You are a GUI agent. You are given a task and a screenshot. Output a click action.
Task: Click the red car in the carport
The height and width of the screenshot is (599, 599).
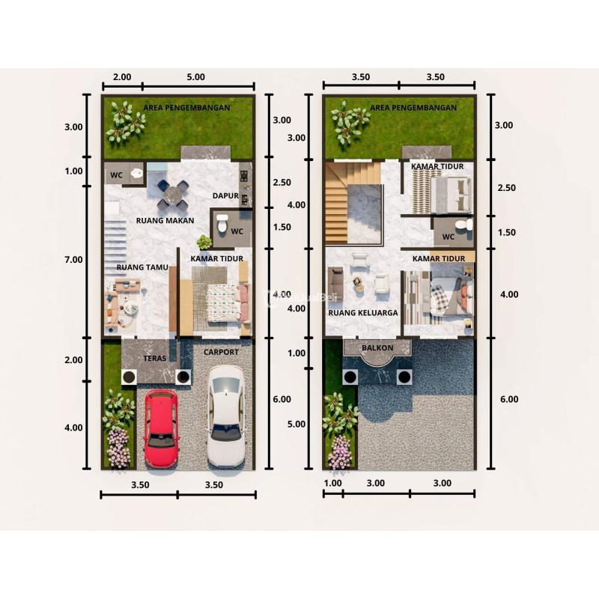[x=161, y=428]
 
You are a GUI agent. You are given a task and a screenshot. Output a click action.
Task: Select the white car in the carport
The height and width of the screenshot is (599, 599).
[x=225, y=415]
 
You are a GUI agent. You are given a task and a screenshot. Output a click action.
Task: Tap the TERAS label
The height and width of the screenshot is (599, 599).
[x=154, y=359]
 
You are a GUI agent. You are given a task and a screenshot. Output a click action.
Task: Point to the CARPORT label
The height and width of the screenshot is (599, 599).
[x=221, y=352]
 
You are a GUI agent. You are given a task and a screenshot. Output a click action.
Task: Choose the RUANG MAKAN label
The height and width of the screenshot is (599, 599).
[x=165, y=220]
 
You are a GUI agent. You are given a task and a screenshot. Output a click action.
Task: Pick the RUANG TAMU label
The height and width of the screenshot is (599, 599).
[x=136, y=266]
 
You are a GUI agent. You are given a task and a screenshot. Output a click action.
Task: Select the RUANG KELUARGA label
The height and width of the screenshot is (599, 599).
[x=362, y=313]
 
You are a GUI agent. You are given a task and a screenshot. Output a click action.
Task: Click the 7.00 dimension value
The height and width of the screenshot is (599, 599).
[x=73, y=259]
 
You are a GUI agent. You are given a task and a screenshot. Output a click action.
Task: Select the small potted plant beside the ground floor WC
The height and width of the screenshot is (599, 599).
[x=204, y=242]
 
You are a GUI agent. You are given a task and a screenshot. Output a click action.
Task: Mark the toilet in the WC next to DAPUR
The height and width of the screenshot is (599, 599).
[x=221, y=222]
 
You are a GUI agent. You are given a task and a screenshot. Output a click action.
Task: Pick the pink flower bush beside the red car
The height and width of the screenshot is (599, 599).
[x=118, y=446]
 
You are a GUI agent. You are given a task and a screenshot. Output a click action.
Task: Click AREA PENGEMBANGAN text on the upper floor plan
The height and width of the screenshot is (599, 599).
[x=413, y=108]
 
